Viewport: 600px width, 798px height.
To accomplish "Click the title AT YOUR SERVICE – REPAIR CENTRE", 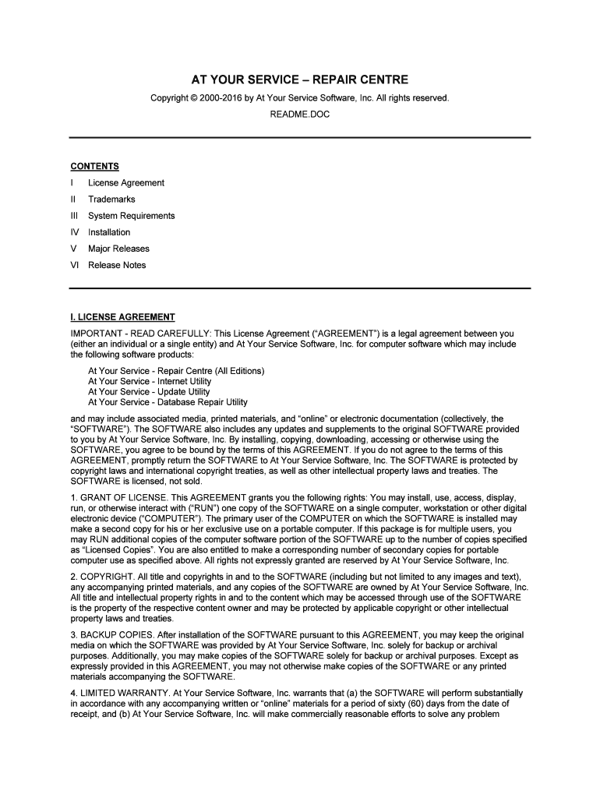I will [x=300, y=80].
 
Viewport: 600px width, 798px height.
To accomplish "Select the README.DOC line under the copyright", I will [x=300, y=114].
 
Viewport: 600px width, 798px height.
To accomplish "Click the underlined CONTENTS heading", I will [x=94, y=166].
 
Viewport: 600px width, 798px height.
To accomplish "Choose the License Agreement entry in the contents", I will [x=126, y=183].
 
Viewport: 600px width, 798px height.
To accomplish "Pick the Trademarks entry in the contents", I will [x=111, y=199].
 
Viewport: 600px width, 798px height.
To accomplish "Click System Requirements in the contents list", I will [x=131, y=216].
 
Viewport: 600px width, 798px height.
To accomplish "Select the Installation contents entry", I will [x=109, y=232].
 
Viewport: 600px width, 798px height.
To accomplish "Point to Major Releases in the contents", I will [x=118, y=249].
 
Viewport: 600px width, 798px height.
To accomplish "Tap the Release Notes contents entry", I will [x=116, y=265].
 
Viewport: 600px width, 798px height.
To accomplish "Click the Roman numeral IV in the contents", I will [x=75, y=232].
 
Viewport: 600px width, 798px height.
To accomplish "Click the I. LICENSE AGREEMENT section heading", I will [x=122, y=317].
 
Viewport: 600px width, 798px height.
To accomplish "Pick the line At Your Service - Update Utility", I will [x=149, y=392].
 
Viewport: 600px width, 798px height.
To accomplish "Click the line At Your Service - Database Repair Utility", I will [x=168, y=402].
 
